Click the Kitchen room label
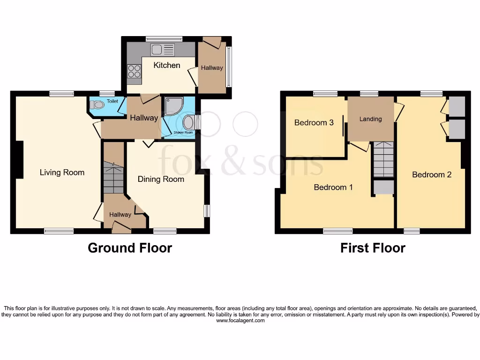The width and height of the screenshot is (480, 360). point(166,65)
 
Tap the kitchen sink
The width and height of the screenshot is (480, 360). point(162,49)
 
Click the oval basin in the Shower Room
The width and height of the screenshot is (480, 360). point(188,123)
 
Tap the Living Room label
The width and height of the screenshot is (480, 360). point(62,172)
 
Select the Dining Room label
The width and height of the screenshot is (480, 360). point(161,179)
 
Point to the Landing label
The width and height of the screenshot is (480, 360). point(370,119)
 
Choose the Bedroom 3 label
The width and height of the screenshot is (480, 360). point(314,122)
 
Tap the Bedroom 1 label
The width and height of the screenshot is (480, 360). point(333,187)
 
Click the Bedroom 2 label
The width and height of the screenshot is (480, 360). point(432,174)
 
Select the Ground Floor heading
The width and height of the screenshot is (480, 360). point(130,247)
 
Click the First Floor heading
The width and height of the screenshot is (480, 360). point(373,247)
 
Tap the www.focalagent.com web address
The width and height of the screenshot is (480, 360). point(240,321)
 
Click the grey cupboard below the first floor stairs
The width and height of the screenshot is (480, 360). point(383,187)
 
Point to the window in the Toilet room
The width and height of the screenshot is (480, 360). point(107,93)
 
